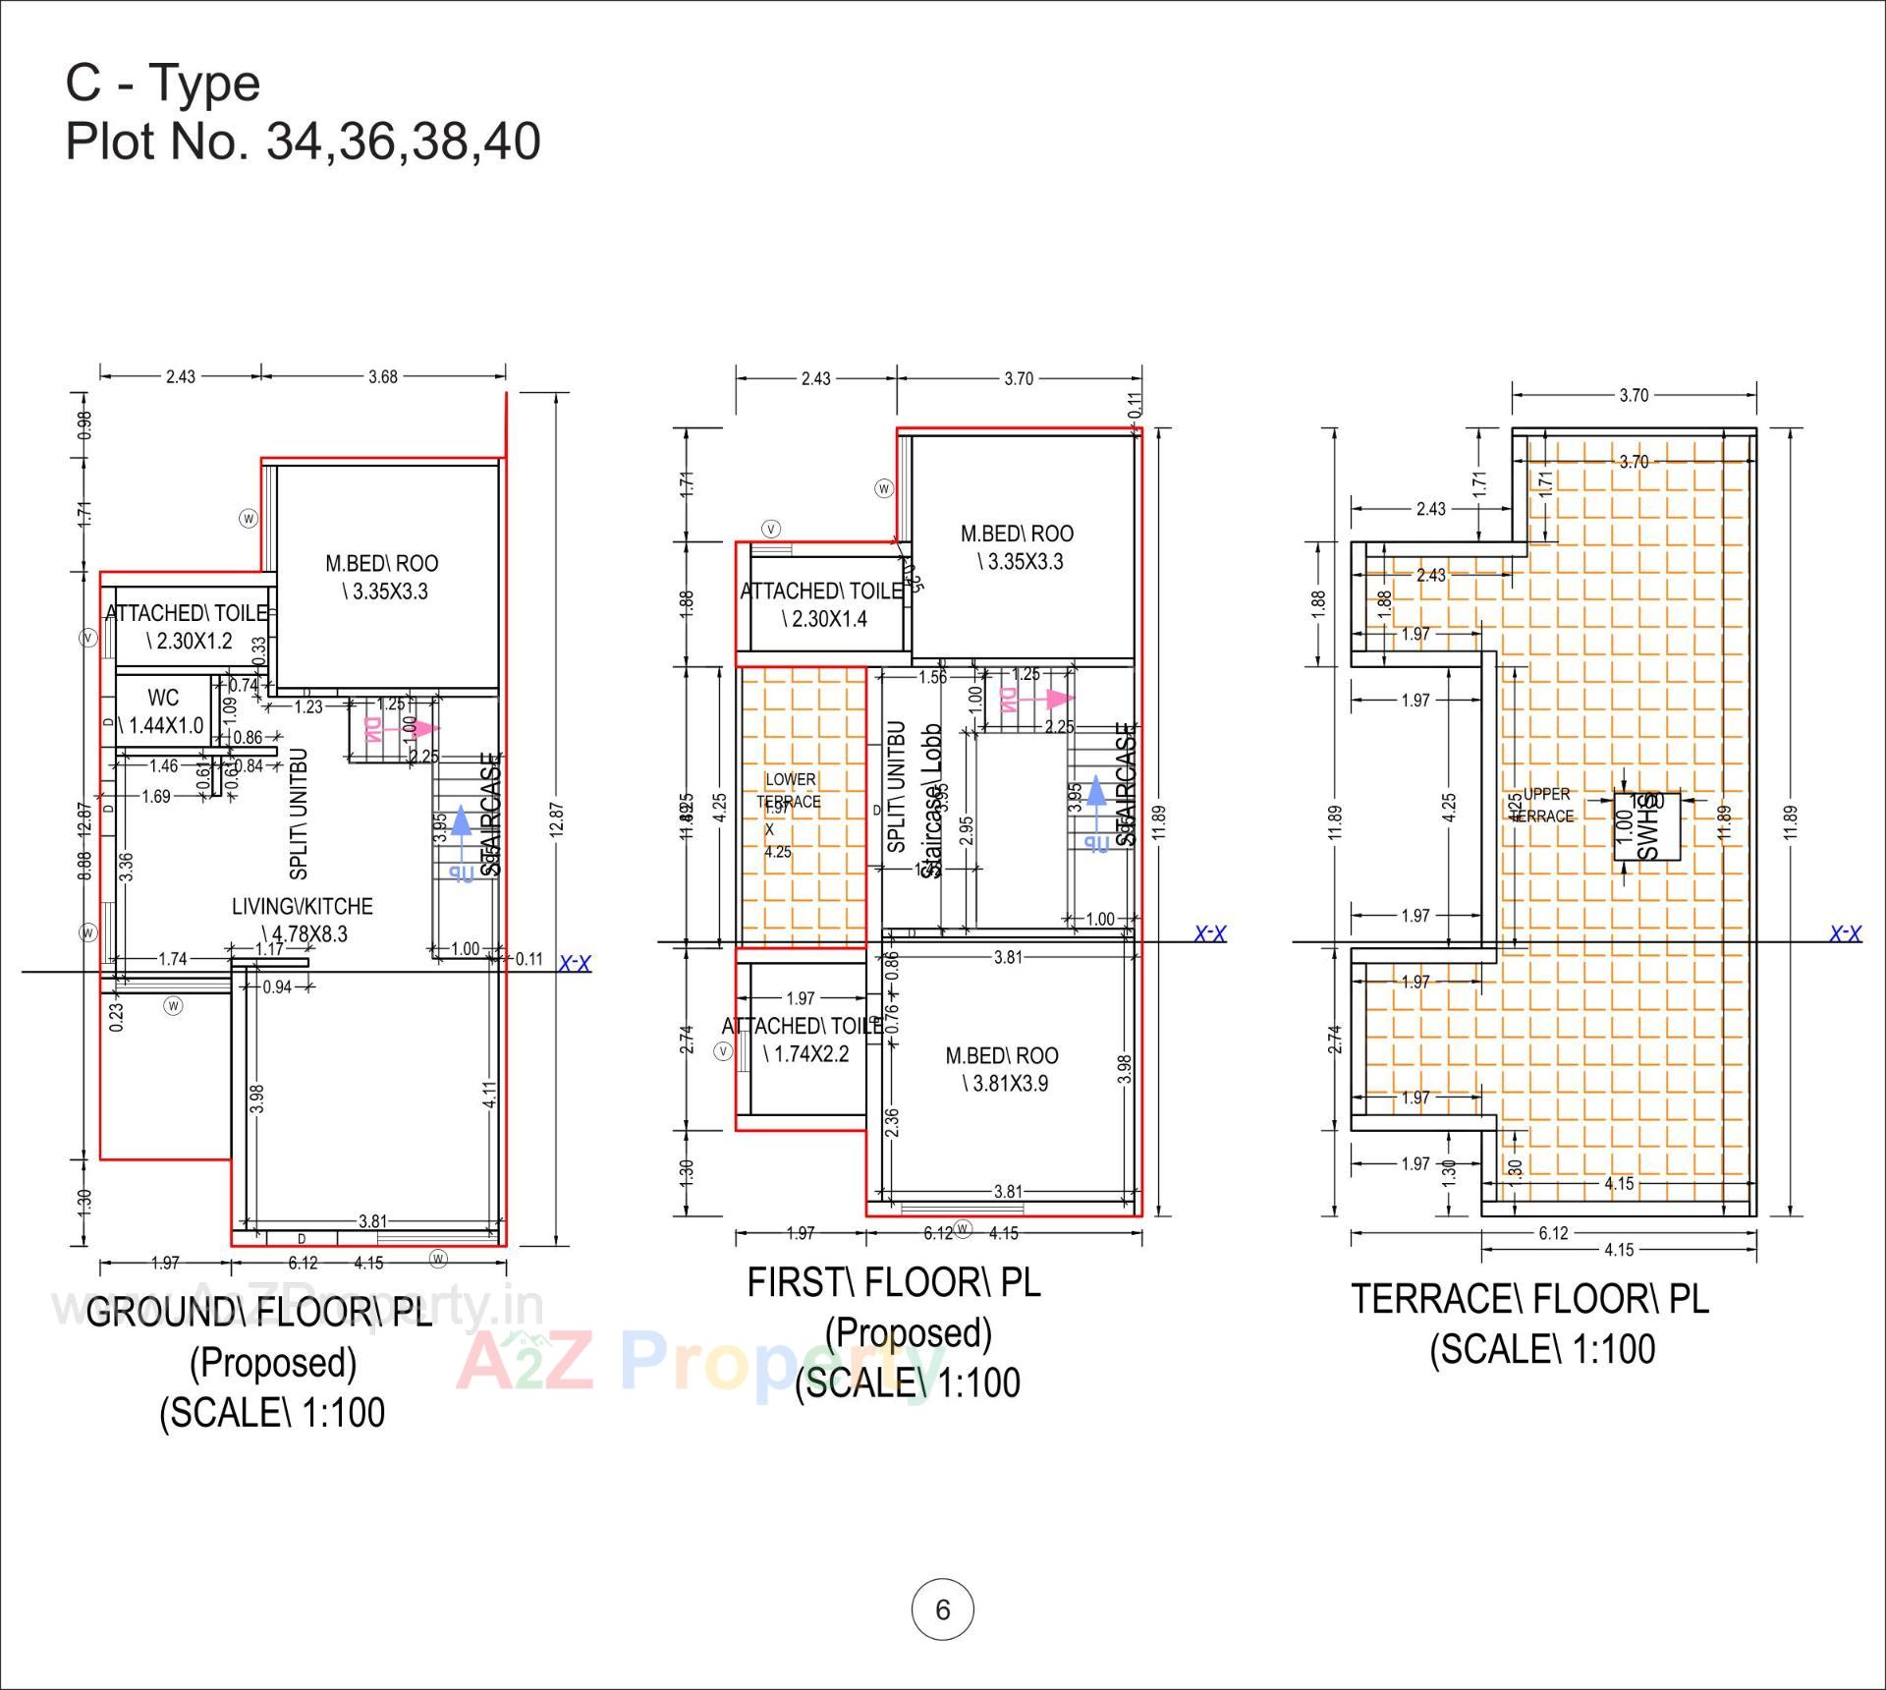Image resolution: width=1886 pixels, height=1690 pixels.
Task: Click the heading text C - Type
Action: [x=163, y=83]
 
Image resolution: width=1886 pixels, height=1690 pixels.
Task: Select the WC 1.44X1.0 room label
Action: [x=163, y=711]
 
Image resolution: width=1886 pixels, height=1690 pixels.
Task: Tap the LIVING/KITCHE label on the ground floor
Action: [x=303, y=919]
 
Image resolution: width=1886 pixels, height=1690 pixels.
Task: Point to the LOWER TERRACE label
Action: [x=790, y=790]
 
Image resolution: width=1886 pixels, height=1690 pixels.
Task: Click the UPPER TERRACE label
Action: [x=1544, y=805]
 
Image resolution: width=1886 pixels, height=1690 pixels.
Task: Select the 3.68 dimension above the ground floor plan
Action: [x=383, y=376]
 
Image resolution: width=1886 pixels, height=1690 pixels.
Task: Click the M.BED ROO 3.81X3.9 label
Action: [x=1003, y=1069]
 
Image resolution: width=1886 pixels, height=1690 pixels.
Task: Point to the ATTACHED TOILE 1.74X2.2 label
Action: [x=804, y=1040]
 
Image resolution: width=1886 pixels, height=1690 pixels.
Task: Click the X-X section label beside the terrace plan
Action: [x=1845, y=932]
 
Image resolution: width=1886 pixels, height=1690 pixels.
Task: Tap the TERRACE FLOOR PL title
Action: [x=1529, y=1299]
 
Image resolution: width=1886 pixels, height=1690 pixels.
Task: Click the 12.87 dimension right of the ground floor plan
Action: [x=556, y=818]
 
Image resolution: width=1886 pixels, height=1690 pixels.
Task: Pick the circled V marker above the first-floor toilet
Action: [x=772, y=529]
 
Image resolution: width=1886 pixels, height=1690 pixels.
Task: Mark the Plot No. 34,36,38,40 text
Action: [x=303, y=141]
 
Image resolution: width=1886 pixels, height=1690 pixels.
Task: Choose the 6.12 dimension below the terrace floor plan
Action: [x=1553, y=1233]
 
